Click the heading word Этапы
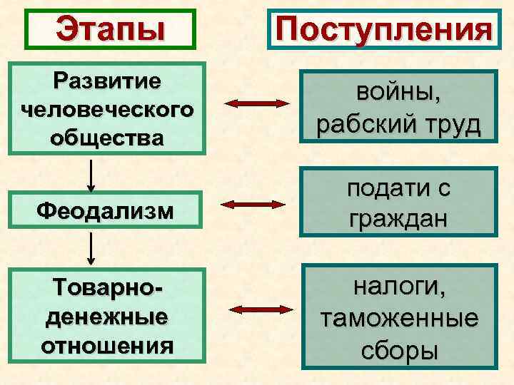click(x=110, y=29)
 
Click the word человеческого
click(x=106, y=109)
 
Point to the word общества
click(x=106, y=136)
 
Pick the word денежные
click(x=107, y=316)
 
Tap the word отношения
click(x=107, y=345)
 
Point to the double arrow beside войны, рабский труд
click(x=256, y=105)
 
